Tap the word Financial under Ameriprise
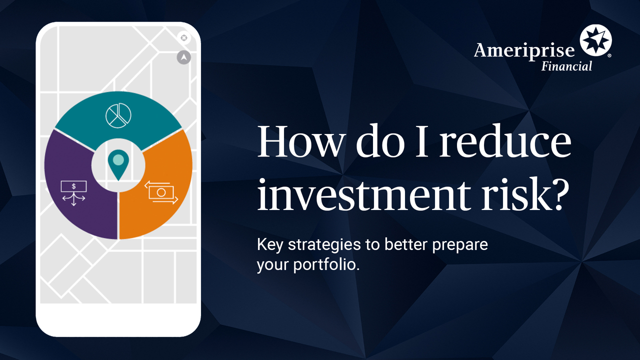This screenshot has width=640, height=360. pyautogui.click(x=566, y=66)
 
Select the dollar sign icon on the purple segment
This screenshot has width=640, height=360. pyautogui.click(x=73, y=191)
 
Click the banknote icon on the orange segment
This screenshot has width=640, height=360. pyautogui.click(x=161, y=192)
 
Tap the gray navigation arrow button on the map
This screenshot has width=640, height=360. pyautogui.click(x=184, y=57)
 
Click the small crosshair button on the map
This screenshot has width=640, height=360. pyautogui.click(x=183, y=38)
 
